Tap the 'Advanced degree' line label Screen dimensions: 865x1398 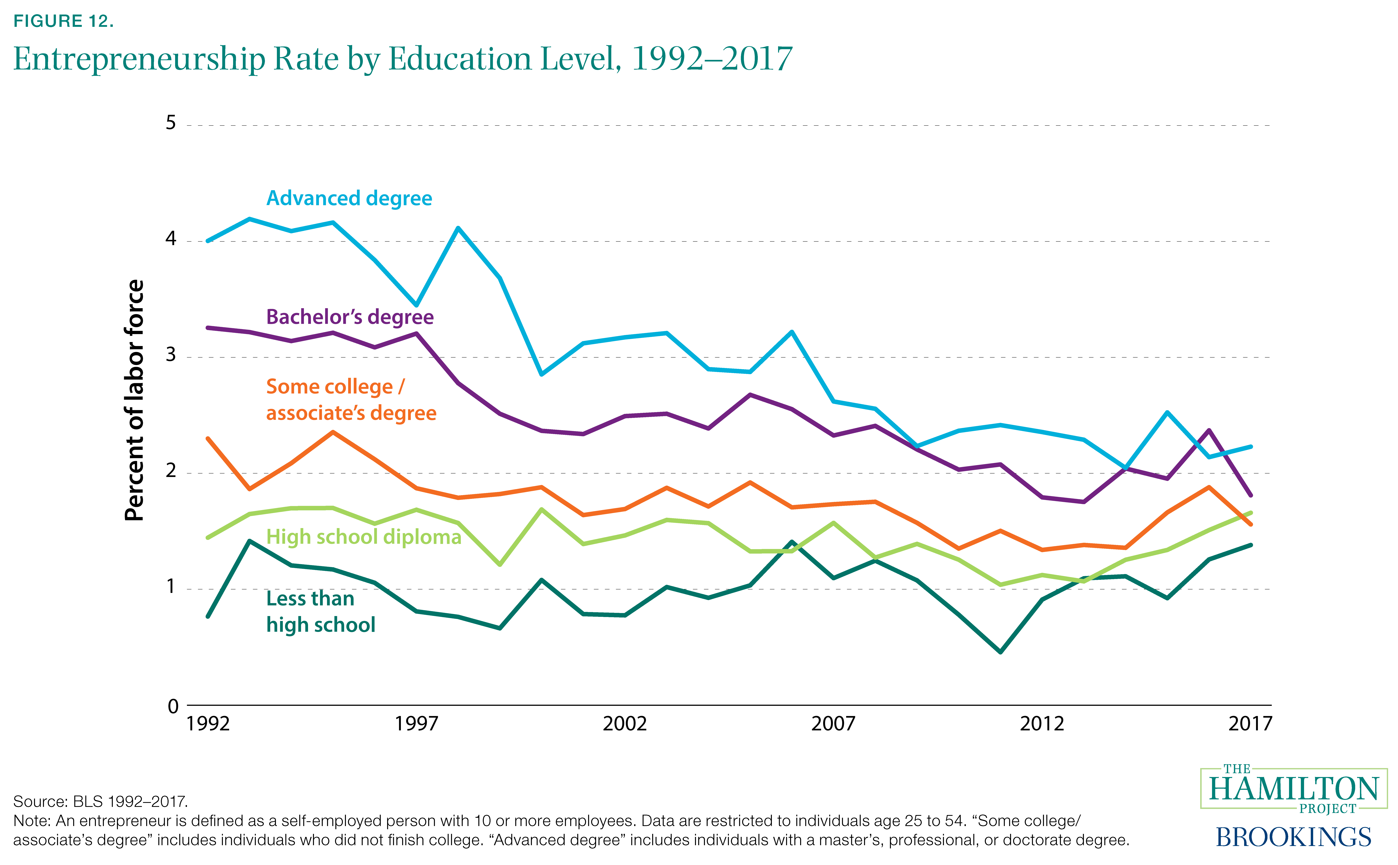pyautogui.click(x=349, y=198)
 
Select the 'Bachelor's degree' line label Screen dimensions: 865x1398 pyautogui.click(x=350, y=317)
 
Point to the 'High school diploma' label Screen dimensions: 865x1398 pyautogui.click(x=363, y=537)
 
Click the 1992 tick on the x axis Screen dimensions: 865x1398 pyautogui.click(x=208, y=724)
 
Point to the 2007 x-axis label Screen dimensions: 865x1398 pyautogui.click(x=833, y=724)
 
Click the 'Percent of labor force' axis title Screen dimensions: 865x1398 pyautogui.click(x=135, y=400)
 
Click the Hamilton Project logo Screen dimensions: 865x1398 pyautogui.click(x=1293, y=788)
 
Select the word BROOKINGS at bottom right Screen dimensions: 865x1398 pyautogui.click(x=1293, y=837)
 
